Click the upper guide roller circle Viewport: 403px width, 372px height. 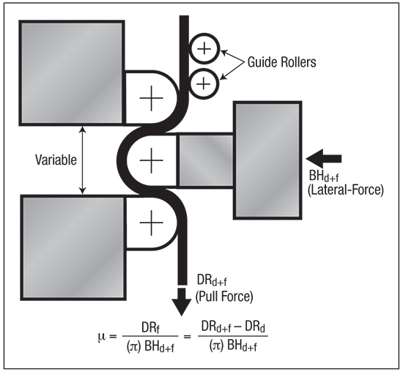pos(205,38)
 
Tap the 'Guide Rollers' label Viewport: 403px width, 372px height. pos(281,62)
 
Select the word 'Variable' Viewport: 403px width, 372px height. pos(56,160)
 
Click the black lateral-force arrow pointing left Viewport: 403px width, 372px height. pos(324,159)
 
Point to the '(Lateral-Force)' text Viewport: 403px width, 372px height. pos(345,190)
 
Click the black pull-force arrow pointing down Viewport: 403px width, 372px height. pos(182,302)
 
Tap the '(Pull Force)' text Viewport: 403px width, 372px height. pos(224,297)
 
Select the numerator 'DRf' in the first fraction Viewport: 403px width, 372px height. pos(150,328)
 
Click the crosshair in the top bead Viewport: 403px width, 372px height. pos(152,98)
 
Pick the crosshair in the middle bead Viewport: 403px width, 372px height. pos(152,160)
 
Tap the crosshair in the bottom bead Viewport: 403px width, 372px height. pos(152,223)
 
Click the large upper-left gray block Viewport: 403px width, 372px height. pos(72,73)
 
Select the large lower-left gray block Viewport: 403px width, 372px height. pos(73,248)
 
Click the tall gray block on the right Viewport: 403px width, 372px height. pos(267,160)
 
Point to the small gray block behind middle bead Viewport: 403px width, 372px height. pos(206,160)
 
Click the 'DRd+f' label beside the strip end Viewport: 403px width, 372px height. pos(212,280)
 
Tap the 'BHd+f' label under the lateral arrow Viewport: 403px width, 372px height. pos(324,176)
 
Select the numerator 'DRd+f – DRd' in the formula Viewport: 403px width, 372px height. pos(233,327)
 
